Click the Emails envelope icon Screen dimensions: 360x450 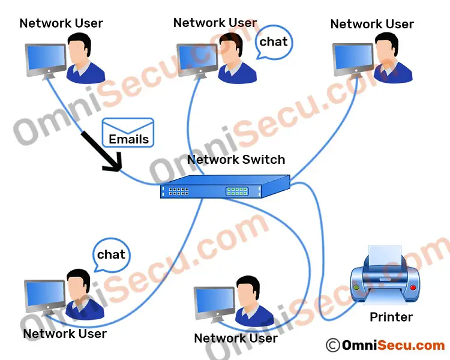(128, 132)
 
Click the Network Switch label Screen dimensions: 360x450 (236, 160)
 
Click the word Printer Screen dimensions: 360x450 (391, 317)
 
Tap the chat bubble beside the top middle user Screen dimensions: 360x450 (274, 43)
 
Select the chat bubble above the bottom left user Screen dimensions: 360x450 (112, 255)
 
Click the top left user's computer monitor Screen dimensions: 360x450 (46, 58)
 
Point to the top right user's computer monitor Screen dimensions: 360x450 (353, 59)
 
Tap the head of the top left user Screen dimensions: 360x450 (78, 48)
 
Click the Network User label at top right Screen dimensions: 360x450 (372, 25)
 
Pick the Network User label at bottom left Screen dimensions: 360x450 (65, 334)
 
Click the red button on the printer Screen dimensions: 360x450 (412, 287)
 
